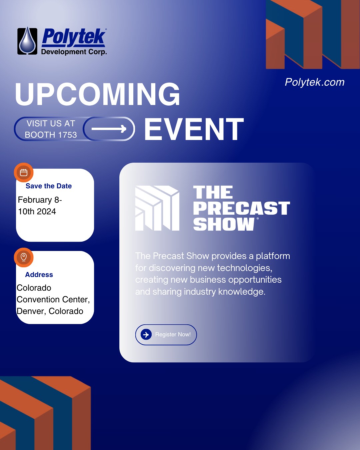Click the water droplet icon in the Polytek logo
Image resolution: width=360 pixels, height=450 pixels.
pos(27,41)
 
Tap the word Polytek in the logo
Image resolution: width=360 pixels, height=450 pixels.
pos(74,37)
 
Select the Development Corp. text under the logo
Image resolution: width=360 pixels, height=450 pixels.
pos(74,52)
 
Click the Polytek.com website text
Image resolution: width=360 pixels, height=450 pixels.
pos(314,82)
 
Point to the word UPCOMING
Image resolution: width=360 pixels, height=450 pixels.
pos(97,94)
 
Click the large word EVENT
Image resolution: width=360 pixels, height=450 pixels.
pos(194,129)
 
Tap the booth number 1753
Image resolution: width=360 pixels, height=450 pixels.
pos(67,135)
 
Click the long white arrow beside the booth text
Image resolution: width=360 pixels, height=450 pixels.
pos(109,129)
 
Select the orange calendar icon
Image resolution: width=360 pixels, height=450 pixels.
pos(24,173)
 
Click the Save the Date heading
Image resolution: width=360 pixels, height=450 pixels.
pos(49,186)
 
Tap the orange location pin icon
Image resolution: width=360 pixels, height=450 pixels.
pos(24,257)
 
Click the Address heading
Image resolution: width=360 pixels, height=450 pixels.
pos(39,275)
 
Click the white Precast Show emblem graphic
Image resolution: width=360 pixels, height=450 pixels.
pos(157,208)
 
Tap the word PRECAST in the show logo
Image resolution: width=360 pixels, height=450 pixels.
pos(242,208)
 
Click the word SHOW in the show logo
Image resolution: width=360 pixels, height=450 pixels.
pos(224,224)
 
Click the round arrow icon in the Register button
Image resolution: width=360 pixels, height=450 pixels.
pos(146,334)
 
